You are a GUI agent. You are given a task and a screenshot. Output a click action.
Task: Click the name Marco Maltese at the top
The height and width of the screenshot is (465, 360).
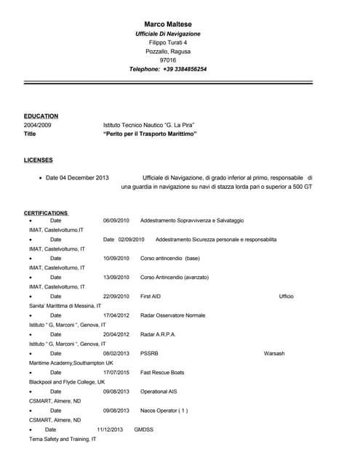168,24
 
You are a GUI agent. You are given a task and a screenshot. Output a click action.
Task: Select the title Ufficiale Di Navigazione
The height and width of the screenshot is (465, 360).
168,34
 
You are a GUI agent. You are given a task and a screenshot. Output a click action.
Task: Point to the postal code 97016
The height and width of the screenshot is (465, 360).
168,60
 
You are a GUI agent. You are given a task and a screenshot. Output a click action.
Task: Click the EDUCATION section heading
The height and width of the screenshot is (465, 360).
41,116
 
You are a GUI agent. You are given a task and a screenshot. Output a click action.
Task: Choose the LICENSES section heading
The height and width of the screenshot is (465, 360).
38,160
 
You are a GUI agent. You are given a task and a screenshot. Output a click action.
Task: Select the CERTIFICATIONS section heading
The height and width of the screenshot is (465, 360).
46,213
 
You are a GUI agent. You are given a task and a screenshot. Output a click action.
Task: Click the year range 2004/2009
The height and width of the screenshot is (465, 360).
38,125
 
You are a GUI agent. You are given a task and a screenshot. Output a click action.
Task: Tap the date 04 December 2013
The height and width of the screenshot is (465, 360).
84,177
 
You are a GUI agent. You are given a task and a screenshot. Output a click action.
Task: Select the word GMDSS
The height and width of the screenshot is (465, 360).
144,429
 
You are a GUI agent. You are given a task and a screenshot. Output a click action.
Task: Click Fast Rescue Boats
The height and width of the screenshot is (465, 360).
162,372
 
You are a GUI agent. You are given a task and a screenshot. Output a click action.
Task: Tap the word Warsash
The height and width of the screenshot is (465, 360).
274,353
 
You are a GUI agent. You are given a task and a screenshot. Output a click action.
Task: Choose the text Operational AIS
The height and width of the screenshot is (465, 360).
158,391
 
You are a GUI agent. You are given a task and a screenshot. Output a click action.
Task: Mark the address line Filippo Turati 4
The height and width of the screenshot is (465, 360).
168,43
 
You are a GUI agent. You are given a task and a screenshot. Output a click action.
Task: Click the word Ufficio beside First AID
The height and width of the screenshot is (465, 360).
286,296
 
